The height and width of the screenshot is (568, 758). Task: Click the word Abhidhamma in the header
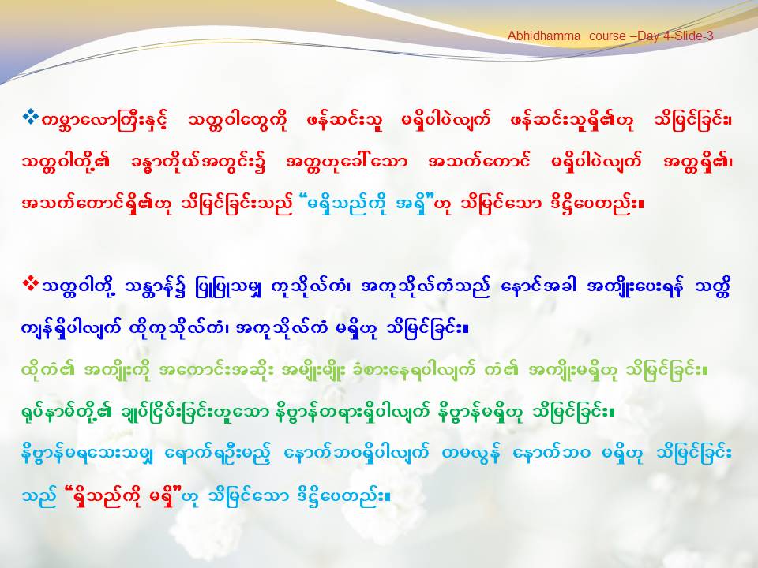click(x=544, y=36)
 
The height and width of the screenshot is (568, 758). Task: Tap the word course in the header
click(x=607, y=36)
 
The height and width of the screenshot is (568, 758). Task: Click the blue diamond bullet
click(x=31, y=117)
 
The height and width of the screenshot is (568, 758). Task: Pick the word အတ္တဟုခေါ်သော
click(x=347, y=162)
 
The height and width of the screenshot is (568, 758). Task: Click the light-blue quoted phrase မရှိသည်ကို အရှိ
click(x=369, y=204)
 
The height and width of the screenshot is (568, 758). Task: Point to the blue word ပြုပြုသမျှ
click(x=230, y=289)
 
